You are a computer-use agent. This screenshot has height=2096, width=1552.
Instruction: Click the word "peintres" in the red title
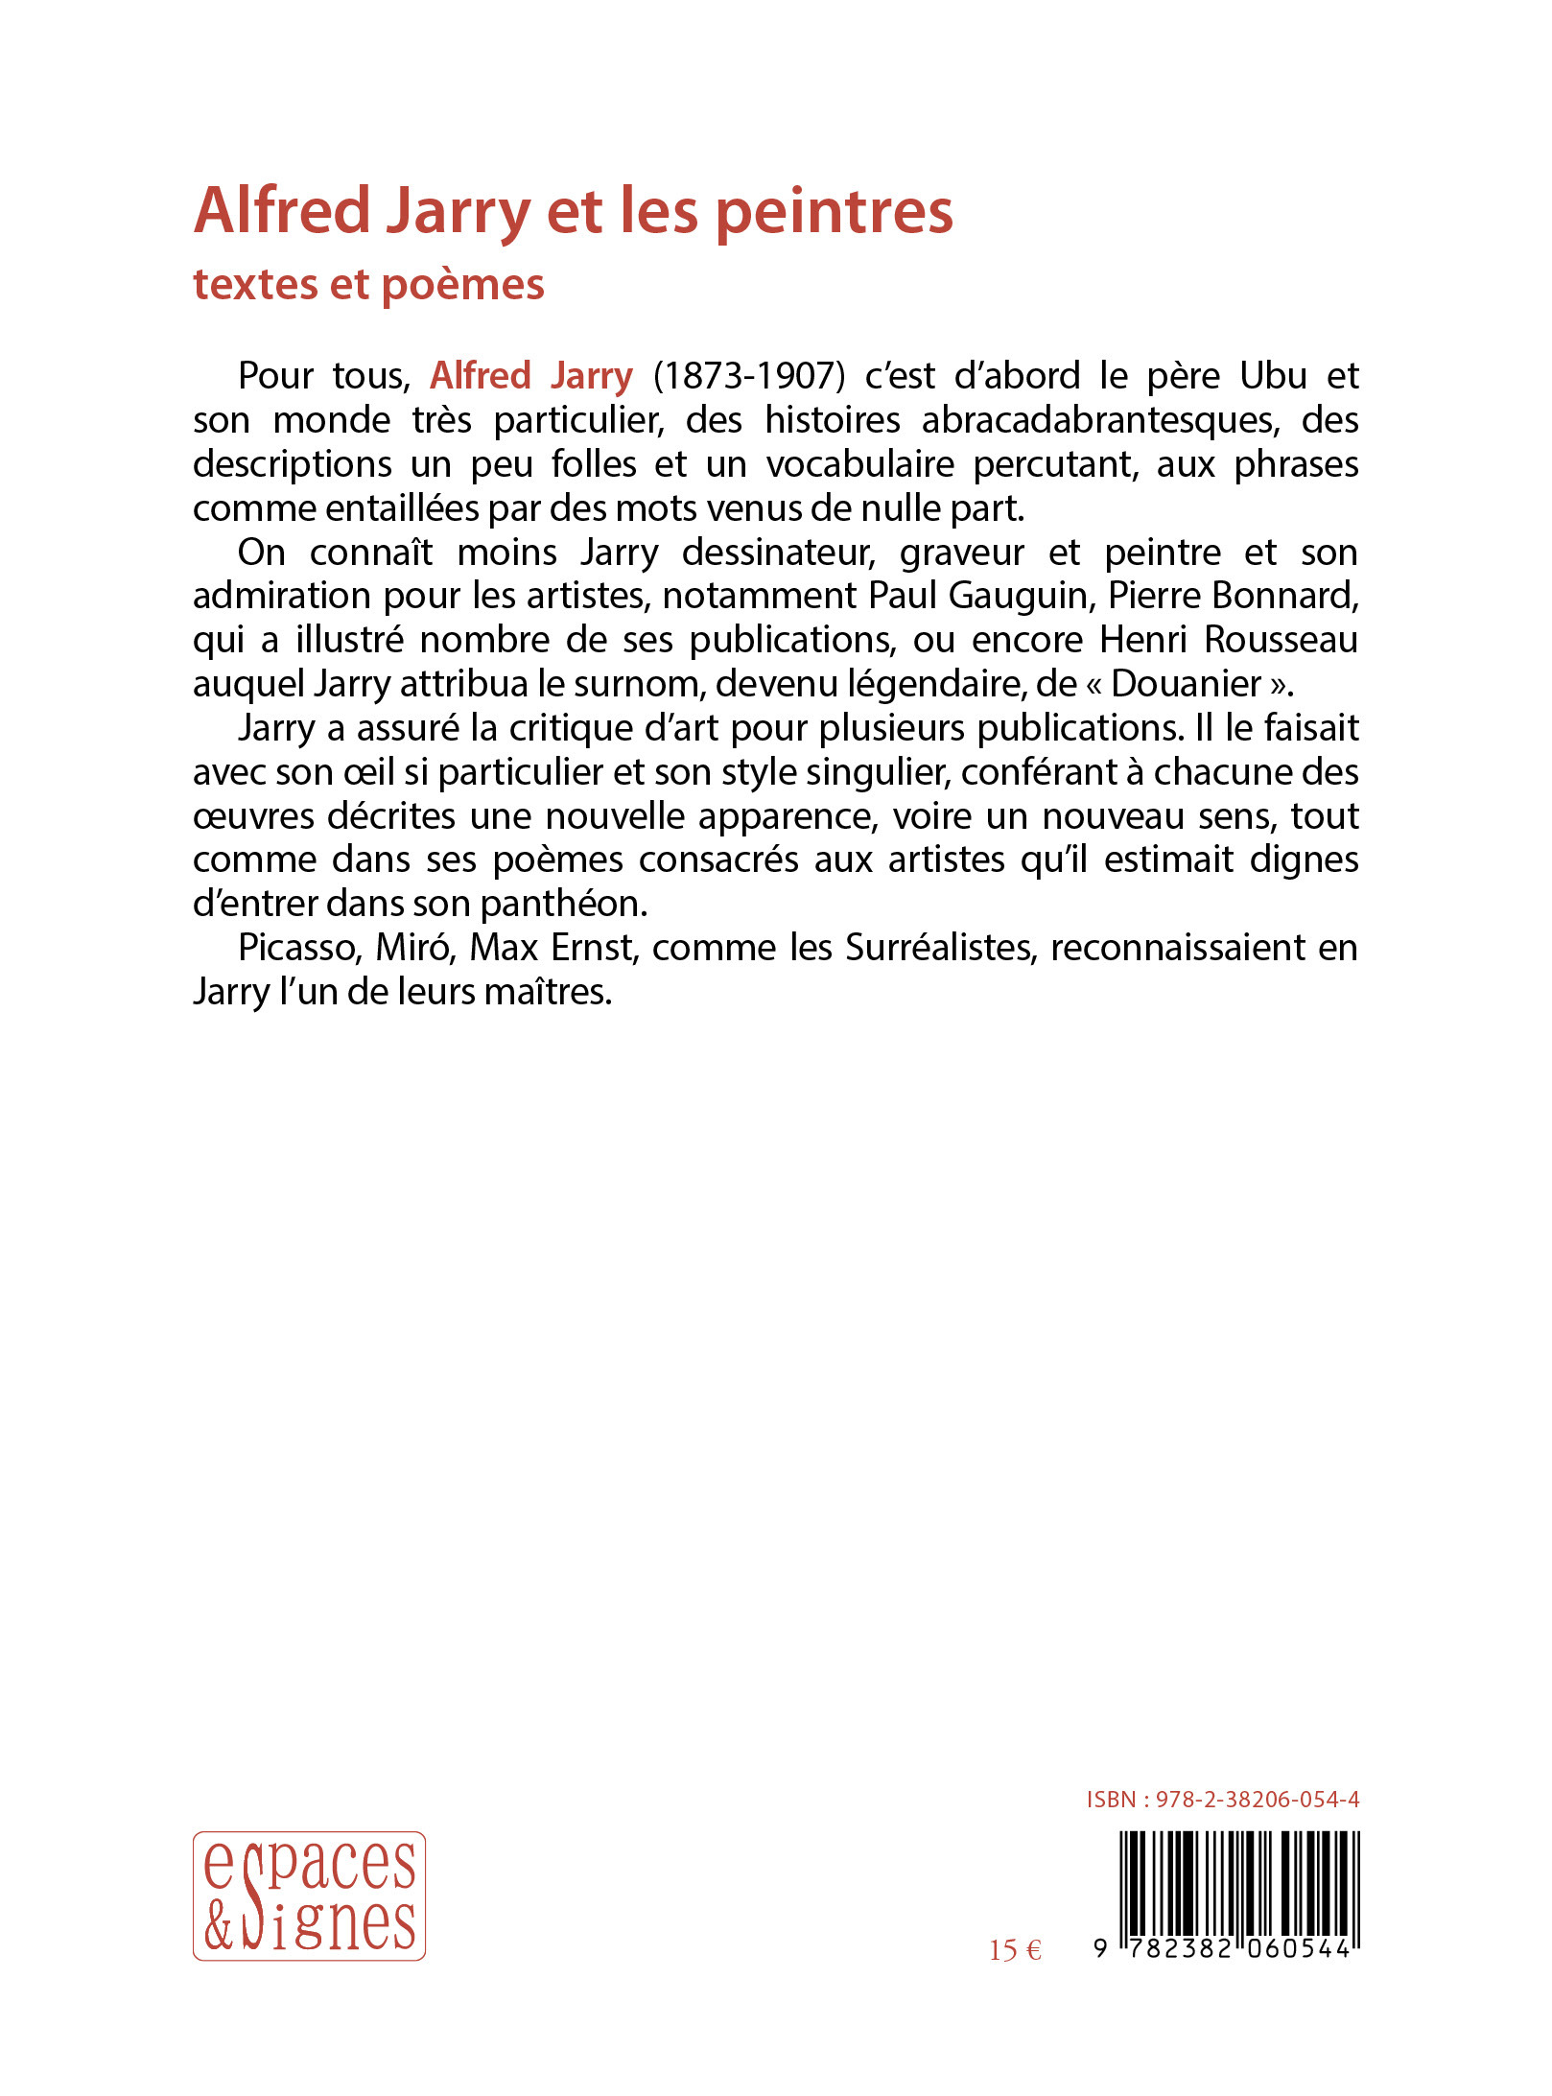click(x=835, y=211)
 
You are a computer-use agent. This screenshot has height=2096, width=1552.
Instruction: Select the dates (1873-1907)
click(x=749, y=375)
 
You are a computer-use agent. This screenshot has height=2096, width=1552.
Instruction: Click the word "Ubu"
click(x=1273, y=375)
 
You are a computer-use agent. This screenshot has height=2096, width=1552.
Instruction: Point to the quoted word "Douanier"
click(x=1187, y=684)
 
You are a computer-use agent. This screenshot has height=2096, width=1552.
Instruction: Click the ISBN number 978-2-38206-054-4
click(x=1257, y=1800)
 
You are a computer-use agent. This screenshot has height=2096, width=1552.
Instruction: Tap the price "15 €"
click(x=1015, y=1950)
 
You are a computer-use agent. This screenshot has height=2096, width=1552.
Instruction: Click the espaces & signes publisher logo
click(x=309, y=1896)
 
